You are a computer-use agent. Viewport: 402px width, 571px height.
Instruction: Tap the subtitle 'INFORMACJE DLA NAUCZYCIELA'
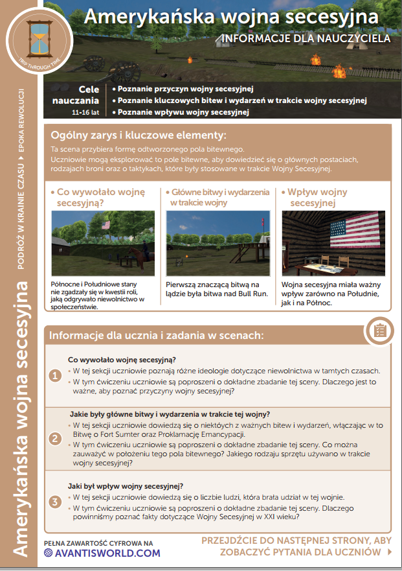pos(306,38)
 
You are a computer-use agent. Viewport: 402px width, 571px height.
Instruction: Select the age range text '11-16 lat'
pos(85,112)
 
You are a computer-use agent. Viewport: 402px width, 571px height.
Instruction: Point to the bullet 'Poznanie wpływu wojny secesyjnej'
pos(183,112)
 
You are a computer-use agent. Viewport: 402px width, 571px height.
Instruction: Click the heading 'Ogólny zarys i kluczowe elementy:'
pos(139,135)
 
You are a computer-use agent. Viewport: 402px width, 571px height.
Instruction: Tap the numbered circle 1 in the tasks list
pos(56,375)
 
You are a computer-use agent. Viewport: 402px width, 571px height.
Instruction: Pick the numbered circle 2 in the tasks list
pos(56,438)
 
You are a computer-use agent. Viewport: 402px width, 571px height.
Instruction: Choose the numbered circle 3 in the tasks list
pos(56,502)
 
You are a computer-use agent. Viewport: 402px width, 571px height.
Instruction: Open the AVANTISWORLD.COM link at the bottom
pos(102,553)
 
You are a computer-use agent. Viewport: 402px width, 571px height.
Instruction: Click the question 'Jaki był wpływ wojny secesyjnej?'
pos(125,486)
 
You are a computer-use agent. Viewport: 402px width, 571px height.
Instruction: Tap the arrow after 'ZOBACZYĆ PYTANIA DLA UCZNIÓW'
pos(389,552)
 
